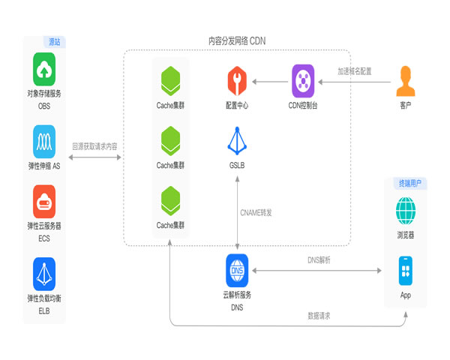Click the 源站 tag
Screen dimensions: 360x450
tap(55, 41)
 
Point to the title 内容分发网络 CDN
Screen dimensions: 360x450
tap(237, 40)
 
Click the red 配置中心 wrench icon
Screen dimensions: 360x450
tap(237, 79)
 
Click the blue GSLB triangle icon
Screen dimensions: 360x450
tap(237, 141)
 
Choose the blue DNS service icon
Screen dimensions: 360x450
tap(237, 269)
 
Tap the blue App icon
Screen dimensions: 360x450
tap(406, 270)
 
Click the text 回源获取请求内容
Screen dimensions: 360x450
tap(95, 146)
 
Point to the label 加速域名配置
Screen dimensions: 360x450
tap(354, 71)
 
